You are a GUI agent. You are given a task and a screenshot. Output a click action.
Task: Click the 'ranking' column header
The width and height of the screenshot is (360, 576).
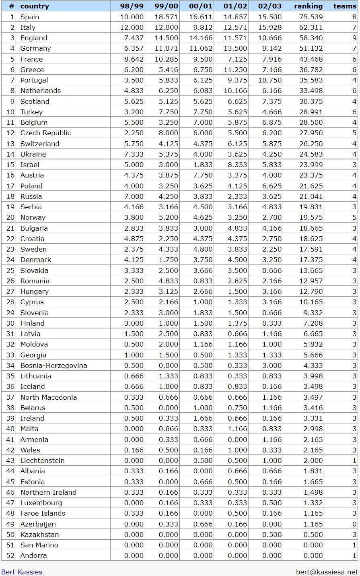tap(308, 6)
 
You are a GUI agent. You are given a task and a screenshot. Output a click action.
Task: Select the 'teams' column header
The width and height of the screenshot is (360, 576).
tap(345, 6)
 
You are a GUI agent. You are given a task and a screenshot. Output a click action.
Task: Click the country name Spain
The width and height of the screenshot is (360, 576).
tap(30, 17)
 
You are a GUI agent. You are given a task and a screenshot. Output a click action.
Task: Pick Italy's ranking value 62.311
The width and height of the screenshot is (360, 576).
tap(311, 27)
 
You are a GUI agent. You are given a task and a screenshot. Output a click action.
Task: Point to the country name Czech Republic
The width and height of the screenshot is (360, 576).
tap(45, 133)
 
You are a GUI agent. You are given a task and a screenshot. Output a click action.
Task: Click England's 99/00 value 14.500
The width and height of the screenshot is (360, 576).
tap(167, 38)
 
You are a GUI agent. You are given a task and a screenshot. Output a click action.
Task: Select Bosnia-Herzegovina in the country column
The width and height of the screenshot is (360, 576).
tap(53, 365)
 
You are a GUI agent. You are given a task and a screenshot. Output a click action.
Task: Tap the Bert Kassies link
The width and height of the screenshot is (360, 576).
tap(22, 572)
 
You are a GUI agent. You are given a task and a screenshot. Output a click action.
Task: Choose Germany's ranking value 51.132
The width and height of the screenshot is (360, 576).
tap(311, 48)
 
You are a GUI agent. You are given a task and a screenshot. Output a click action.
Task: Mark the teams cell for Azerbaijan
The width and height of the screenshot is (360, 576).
tap(354, 524)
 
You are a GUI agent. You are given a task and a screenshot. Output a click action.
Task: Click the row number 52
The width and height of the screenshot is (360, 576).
tap(10, 555)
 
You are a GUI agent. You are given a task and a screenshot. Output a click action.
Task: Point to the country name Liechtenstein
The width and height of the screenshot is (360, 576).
tap(42, 460)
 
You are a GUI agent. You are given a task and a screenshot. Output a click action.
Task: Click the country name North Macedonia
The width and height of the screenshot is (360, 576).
tap(48, 397)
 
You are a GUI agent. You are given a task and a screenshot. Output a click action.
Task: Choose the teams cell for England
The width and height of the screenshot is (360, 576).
tap(354, 38)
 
